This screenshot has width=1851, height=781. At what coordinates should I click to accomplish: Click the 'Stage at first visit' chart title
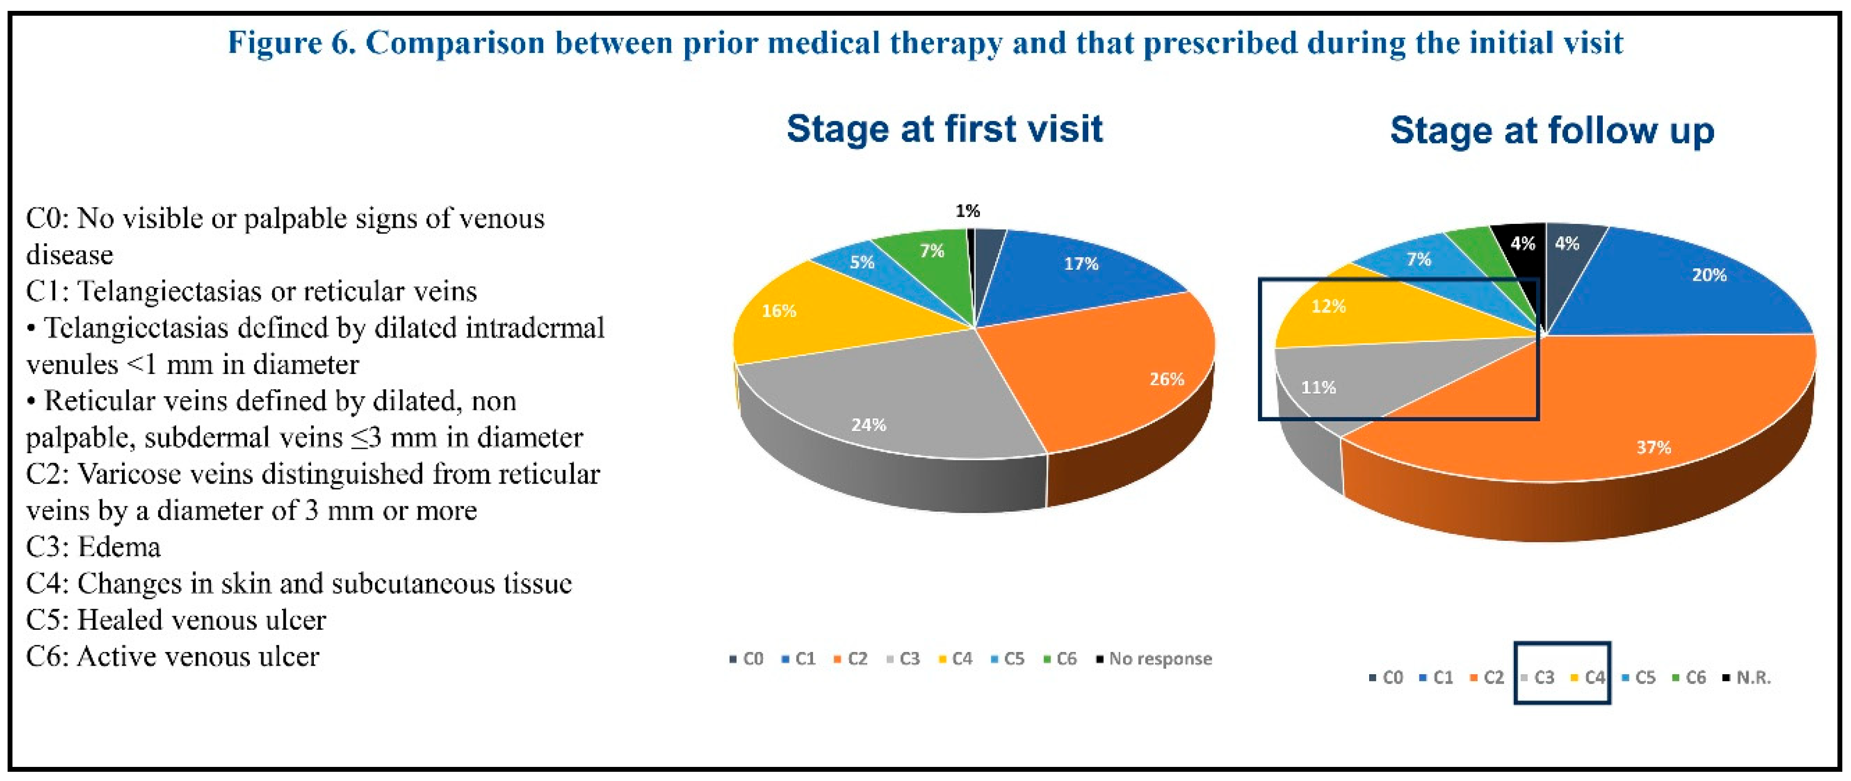944,130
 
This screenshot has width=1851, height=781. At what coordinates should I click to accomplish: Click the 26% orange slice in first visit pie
1121,373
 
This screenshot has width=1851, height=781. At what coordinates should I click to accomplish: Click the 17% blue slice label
1081,264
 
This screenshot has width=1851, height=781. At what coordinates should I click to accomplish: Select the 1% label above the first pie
967,210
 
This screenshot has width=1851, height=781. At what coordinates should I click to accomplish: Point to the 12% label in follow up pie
1328,306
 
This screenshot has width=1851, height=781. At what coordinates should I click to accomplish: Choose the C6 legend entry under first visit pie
1061,658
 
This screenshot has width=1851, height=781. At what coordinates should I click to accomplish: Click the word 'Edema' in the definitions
119,547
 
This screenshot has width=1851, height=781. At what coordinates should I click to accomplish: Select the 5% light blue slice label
862,262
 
